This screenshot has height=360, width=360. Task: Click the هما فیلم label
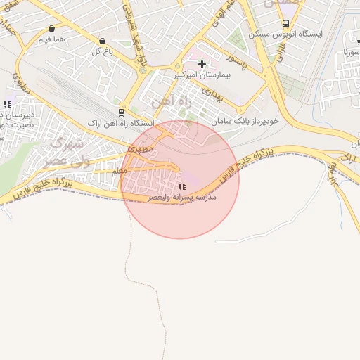[x=53, y=39]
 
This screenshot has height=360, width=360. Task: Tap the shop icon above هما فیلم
[x=53, y=29]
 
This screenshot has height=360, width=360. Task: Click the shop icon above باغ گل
[x=103, y=40]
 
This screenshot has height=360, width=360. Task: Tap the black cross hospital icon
[x=202, y=64]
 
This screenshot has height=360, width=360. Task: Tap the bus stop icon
[x=285, y=23]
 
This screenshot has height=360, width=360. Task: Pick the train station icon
[x=122, y=112]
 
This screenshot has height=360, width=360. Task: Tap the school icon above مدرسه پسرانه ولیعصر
[x=183, y=186]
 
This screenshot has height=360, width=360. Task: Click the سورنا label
[x=347, y=53]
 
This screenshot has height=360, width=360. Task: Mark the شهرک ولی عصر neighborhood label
[x=65, y=152]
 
